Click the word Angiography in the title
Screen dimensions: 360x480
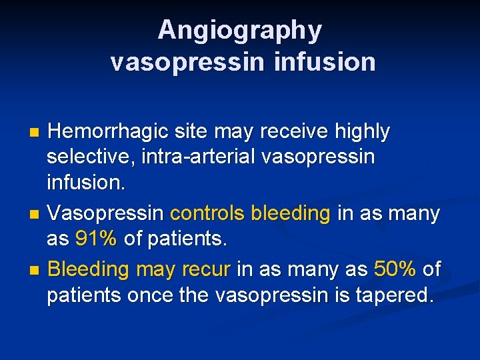click(x=240, y=31)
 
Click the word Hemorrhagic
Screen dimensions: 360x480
click(x=107, y=132)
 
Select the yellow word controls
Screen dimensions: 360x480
click(x=208, y=214)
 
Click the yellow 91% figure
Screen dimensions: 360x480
click(x=96, y=239)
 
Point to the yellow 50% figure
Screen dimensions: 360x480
click(x=395, y=270)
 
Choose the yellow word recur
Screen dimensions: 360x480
click(x=208, y=270)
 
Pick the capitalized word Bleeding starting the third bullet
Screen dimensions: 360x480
click(x=88, y=270)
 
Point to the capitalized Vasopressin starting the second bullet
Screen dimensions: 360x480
click(x=106, y=214)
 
